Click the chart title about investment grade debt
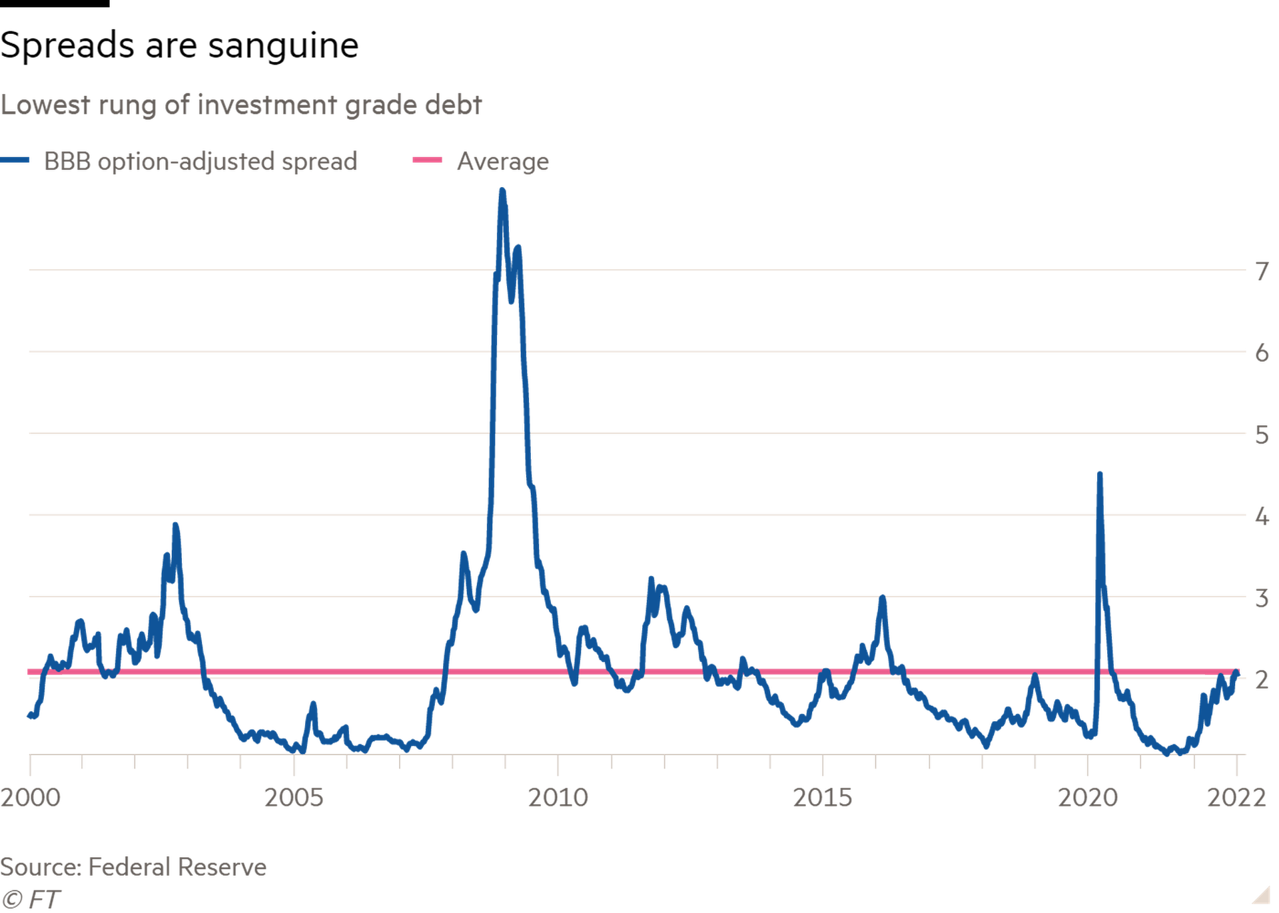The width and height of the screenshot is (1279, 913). (241, 106)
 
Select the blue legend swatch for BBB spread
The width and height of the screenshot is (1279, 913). (15, 160)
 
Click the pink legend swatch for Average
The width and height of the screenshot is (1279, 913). (427, 160)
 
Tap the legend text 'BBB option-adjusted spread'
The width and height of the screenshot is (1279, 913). (201, 162)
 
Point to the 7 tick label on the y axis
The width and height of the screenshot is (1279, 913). (1262, 272)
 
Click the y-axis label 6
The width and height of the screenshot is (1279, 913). (1262, 353)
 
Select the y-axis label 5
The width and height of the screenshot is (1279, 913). (1262, 435)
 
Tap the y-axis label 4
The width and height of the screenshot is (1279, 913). (1262, 516)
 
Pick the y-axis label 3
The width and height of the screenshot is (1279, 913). (1262, 598)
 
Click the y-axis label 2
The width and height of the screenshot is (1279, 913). (1262, 679)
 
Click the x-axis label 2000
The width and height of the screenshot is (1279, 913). (31, 797)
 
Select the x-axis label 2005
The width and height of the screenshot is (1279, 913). (294, 797)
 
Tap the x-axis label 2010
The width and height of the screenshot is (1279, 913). (558, 797)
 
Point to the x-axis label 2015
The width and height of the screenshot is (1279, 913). (823, 797)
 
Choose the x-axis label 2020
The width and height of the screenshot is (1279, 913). (1087, 797)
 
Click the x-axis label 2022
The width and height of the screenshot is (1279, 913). (1236, 797)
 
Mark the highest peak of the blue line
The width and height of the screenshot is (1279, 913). (502, 190)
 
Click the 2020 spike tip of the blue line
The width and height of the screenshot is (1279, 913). (1100, 473)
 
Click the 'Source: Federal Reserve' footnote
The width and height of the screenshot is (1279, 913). (133, 867)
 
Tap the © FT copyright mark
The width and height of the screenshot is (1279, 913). (31, 900)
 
